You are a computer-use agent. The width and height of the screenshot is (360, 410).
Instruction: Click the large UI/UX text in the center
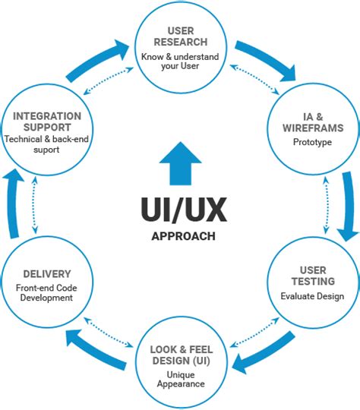(x=179, y=207)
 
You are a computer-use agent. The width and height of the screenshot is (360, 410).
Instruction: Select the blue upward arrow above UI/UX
(x=180, y=160)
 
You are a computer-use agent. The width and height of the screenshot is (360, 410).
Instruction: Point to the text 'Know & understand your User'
(x=180, y=62)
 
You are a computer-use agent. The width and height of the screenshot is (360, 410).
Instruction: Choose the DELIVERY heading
(x=47, y=273)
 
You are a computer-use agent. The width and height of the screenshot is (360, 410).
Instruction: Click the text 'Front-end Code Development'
(x=47, y=293)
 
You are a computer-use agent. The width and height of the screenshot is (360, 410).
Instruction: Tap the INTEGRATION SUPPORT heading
(x=47, y=121)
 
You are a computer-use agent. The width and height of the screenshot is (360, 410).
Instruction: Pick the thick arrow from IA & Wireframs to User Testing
(x=346, y=205)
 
